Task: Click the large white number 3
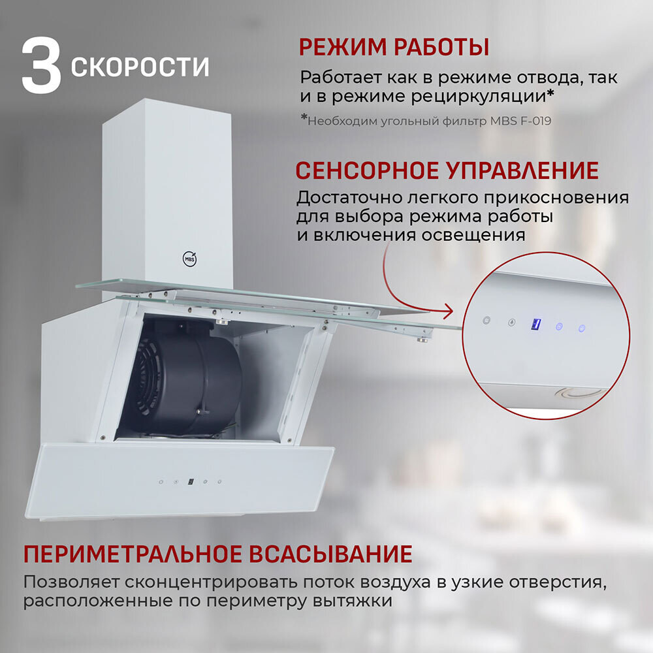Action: point(41,66)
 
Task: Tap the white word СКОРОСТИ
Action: point(140,67)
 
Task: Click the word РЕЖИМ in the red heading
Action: point(343,47)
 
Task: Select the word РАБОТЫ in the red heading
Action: point(441,47)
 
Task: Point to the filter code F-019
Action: point(535,121)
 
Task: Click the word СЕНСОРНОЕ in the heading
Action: point(367,170)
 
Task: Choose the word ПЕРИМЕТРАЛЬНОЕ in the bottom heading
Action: point(133,554)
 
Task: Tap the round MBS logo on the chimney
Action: point(189,258)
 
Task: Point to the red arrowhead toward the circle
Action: point(449,311)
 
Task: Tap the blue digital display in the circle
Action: point(535,324)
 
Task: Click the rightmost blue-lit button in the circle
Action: point(582,328)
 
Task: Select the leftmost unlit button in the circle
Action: point(486,320)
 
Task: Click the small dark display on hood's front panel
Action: point(190,481)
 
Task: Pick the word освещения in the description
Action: point(473,235)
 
